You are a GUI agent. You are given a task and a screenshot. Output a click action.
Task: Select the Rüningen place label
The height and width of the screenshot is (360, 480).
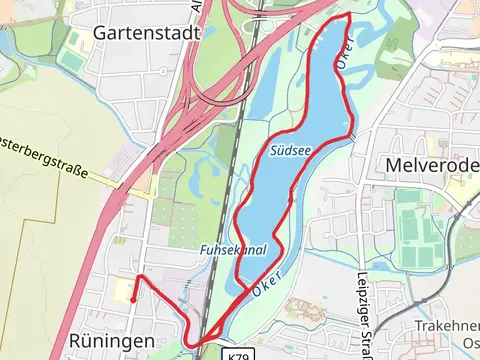[111, 341]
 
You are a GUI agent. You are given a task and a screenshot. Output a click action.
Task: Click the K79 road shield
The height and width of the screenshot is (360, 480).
[237, 354]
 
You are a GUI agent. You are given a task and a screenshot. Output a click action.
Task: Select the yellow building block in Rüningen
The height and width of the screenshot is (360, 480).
[121, 291]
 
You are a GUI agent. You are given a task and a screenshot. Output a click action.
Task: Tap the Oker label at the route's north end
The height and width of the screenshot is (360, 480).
[342, 55]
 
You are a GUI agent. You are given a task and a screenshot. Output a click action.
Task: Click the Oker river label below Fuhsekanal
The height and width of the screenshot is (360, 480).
[264, 285]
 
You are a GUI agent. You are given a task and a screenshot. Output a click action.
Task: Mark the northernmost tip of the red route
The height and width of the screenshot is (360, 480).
[348, 17]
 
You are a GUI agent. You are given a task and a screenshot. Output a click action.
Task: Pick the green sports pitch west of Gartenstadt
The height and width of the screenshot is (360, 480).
[72, 59]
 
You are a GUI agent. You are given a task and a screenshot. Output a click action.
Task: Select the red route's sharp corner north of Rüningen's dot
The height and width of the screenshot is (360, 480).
[138, 276]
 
